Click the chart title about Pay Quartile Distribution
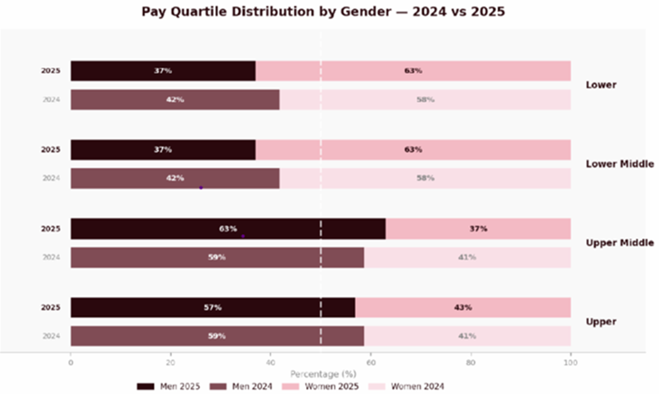[323, 11]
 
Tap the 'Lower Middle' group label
[619, 164]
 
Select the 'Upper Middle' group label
[619, 243]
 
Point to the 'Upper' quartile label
[601, 321]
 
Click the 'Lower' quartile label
[601, 85]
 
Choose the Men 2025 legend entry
[170, 386]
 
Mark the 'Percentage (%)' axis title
[323, 374]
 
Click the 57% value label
[213, 308]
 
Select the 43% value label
[462, 308]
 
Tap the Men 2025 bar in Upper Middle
[228, 229]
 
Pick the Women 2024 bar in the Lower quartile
[425, 100]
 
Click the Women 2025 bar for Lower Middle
[413, 150]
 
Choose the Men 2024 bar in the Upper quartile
[217, 336]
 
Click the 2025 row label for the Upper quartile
[50, 308]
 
